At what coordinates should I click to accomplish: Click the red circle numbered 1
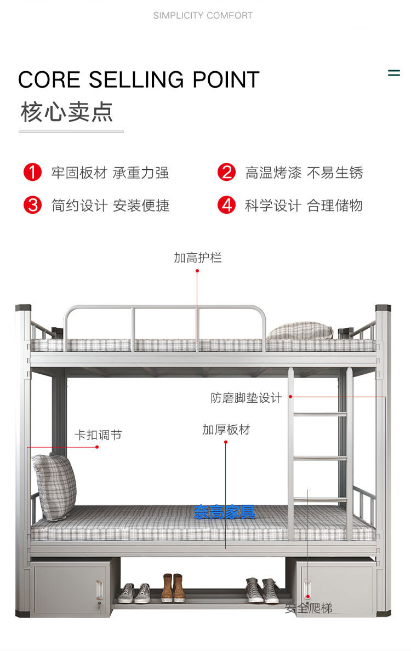[32, 173]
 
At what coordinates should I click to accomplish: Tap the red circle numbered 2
[226, 173]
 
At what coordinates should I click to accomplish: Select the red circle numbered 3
[32, 205]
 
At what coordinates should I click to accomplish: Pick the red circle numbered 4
[226, 205]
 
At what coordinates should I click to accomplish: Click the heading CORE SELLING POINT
[138, 80]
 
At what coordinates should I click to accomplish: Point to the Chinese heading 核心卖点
[67, 112]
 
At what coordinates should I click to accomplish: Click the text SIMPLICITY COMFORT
[203, 15]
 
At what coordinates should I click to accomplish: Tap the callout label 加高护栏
[198, 258]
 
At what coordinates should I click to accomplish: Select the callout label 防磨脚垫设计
[246, 398]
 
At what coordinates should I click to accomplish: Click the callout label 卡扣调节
[98, 435]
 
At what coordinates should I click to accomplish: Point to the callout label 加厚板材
[226, 430]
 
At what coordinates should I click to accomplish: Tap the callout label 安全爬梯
[309, 608]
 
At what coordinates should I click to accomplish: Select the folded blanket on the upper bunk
[300, 330]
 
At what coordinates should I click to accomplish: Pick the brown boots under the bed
[173, 587]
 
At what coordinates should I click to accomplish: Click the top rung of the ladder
[321, 414]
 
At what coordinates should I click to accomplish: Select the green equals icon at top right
[393, 73]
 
